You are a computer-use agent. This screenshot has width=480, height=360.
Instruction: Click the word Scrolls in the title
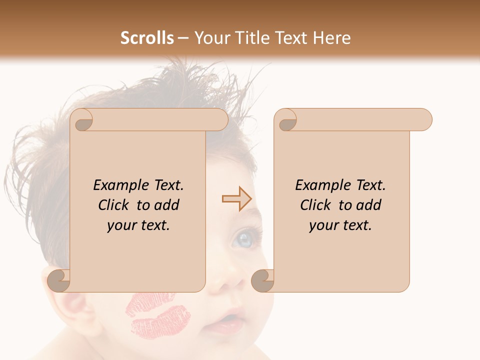point(147,38)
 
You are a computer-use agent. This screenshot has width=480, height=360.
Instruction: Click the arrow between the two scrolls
point(236,199)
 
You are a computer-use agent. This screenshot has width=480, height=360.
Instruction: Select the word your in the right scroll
point(323,225)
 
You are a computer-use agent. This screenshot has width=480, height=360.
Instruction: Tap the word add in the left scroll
point(168,205)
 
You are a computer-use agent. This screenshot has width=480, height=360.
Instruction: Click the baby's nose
point(222,282)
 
